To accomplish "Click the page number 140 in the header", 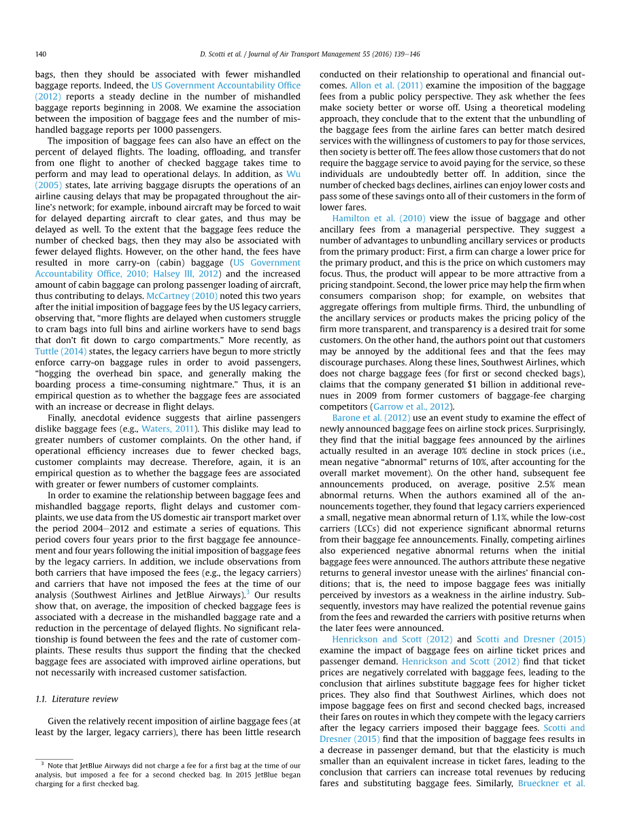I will [x=41, y=54].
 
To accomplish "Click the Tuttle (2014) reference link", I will [x=61, y=351].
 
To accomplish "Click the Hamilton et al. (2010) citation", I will [x=379, y=219].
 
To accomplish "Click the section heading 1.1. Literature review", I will [x=76, y=699].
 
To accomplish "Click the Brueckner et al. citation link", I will [x=551, y=784].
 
